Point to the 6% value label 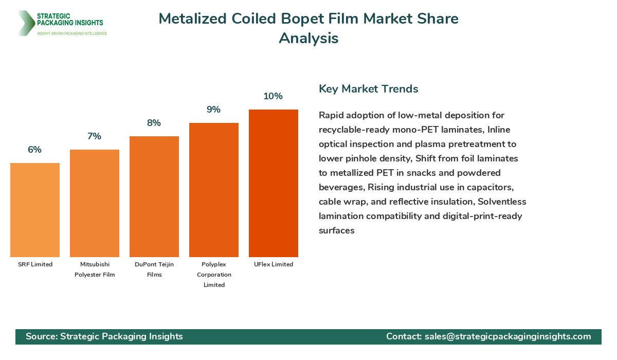pyautogui.click(x=35, y=150)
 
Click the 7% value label pyautogui.click(x=95, y=136)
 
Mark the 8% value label pyautogui.click(x=154, y=123)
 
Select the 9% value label pyautogui.click(x=214, y=110)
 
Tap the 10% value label pyautogui.click(x=274, y=96)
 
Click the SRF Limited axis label pyautogui.click(x=35, y=264)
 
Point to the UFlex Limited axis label pyautogui.click(x=274, y=264)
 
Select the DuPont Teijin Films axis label pyautogui.click(x=154, y=269)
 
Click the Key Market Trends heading pyautogui.click(x=369, y=88)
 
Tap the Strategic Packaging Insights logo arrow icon pyautogui.click(x=25, y=23)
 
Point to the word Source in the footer pyautogui.click(x=41, y=336)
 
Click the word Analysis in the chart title pyautogui.click(x=308, y=38)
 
